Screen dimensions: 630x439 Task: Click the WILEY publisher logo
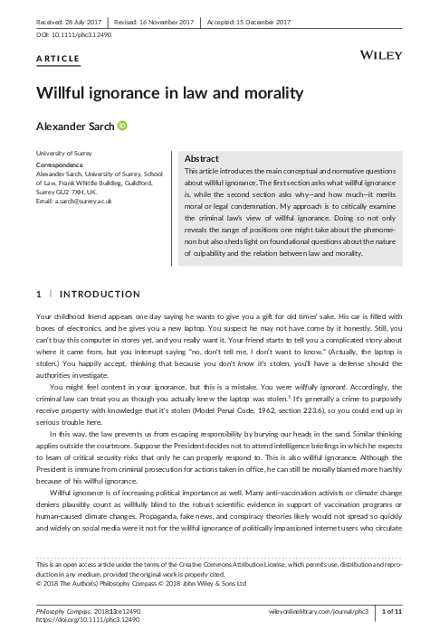381,56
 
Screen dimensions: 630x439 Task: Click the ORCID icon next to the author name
123,127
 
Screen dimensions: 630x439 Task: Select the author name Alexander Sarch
74,127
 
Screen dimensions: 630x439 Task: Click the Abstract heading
203,157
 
